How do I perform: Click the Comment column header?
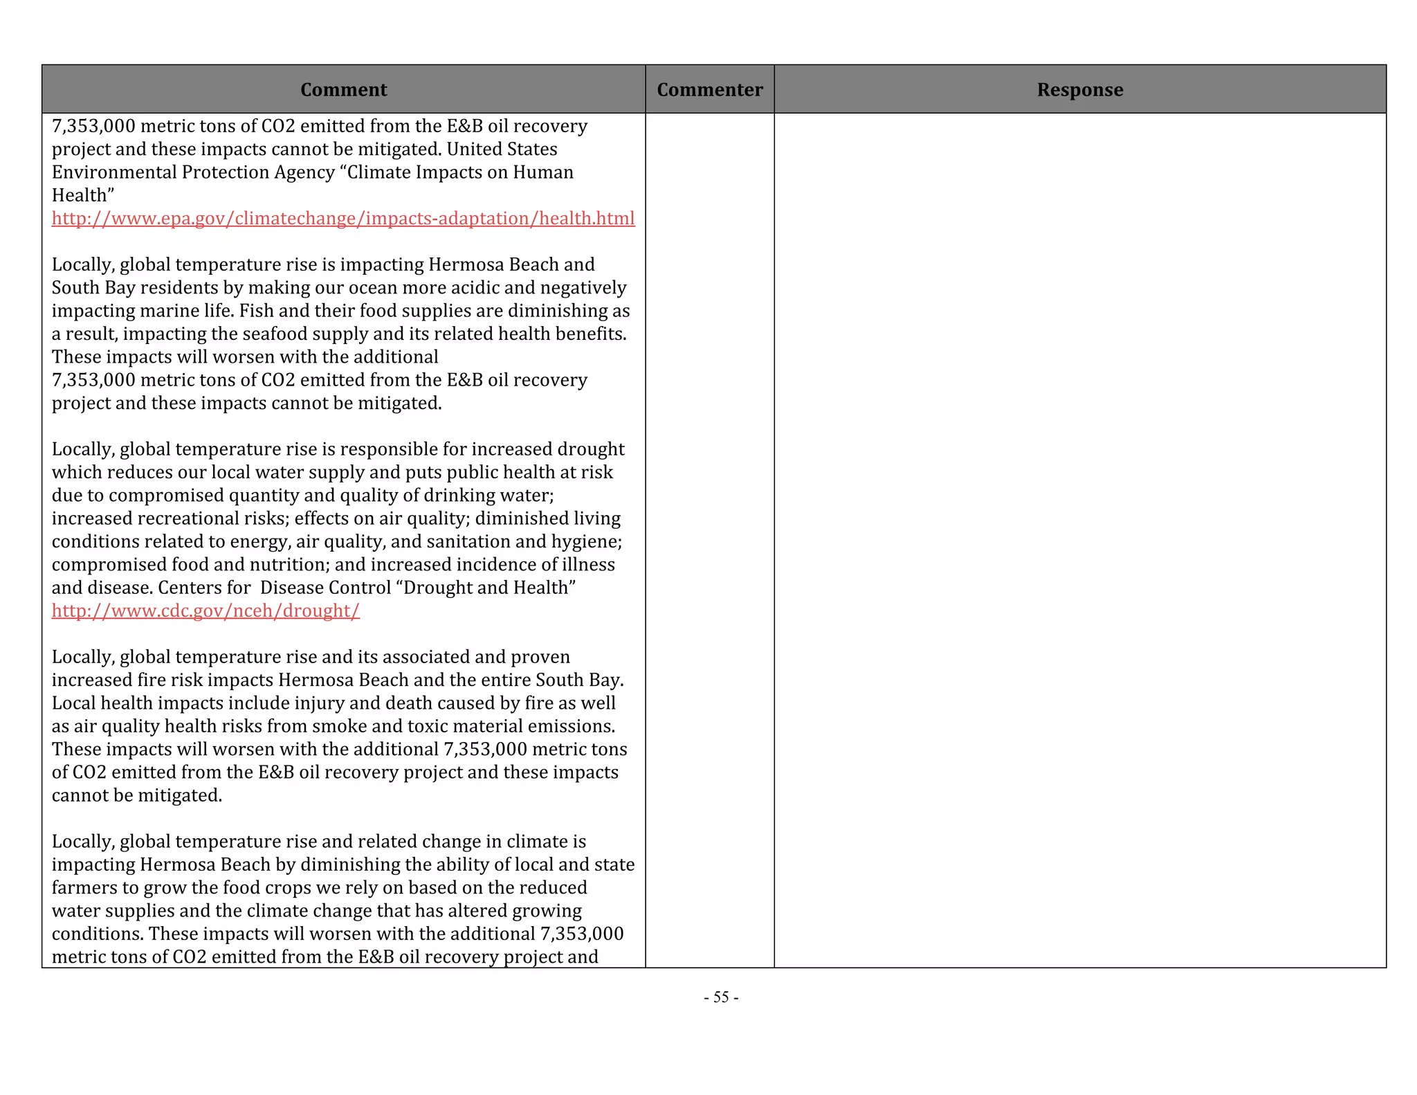pos(343,90)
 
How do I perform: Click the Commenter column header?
pos(709,90)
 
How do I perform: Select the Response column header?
pos(1079,90)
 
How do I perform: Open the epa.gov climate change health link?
pos(343,219)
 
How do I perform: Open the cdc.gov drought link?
pos(205,611)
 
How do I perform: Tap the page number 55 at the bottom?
pos(721,997)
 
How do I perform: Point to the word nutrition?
pos(289,565)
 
